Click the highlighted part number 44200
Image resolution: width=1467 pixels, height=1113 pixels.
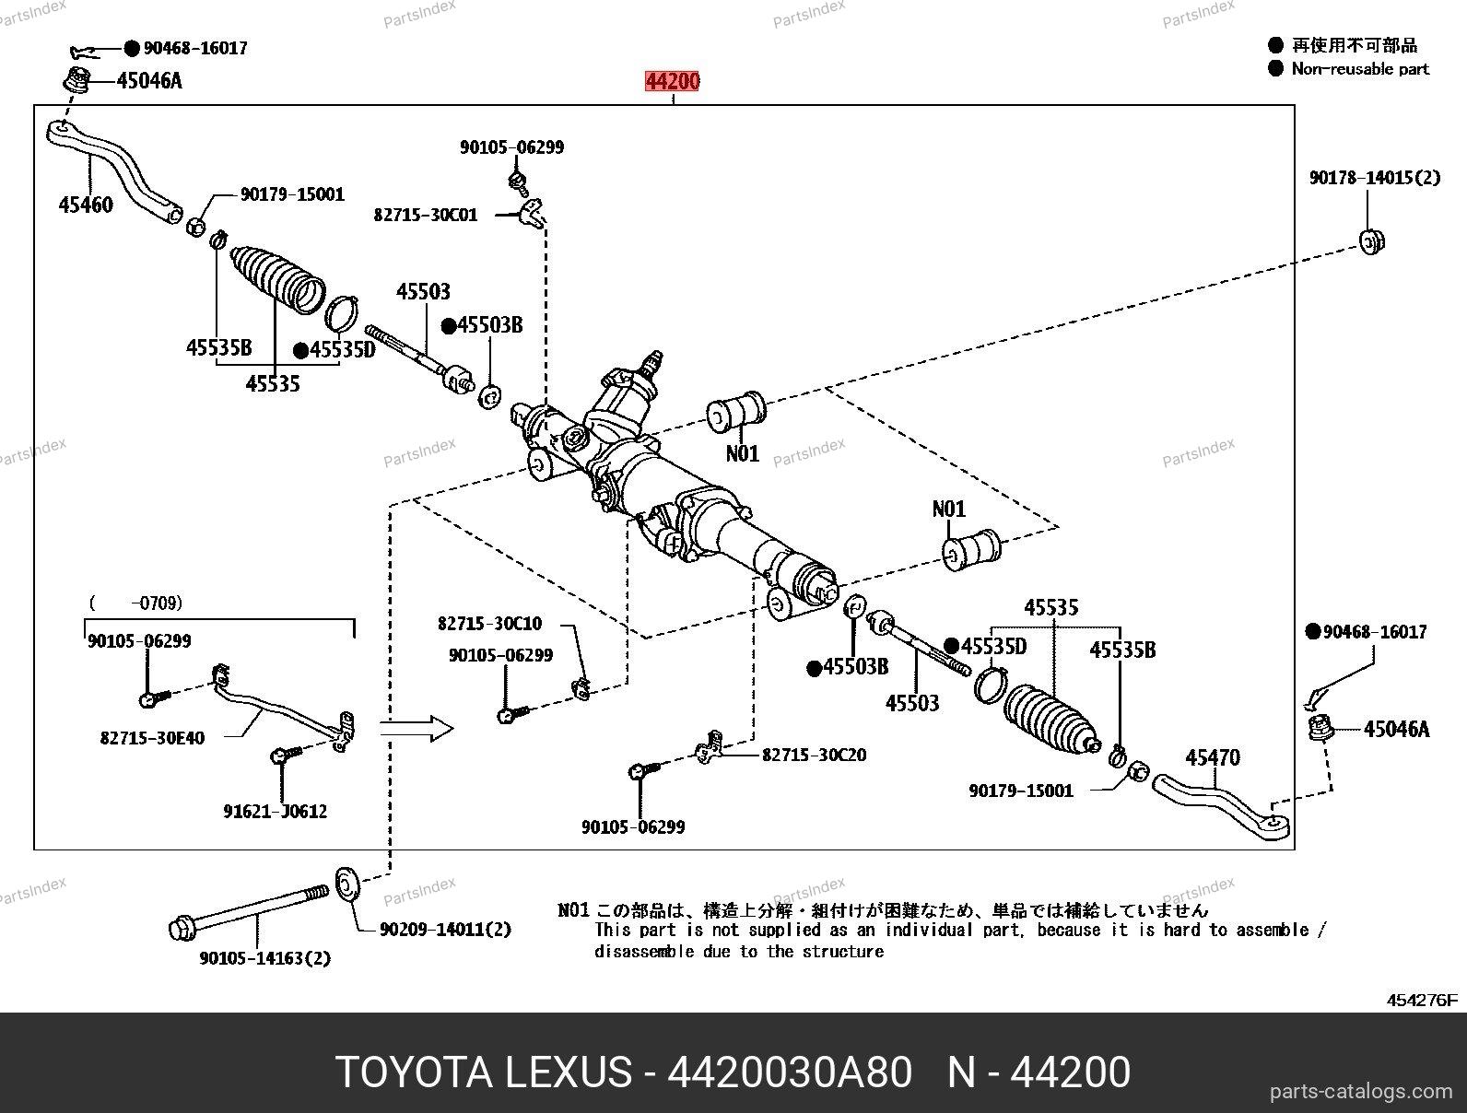point(672,82)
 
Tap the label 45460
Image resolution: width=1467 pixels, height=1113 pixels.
point(86,205)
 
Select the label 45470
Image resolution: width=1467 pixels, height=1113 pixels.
point(1212,757)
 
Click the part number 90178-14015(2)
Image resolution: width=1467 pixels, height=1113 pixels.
point(1374,177)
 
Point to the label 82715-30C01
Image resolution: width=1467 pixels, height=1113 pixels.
point(425,215)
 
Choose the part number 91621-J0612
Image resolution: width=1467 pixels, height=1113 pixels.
point(275,812)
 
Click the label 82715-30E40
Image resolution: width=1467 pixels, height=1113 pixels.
point(152,737)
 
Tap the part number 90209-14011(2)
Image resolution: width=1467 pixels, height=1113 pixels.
point(444,930)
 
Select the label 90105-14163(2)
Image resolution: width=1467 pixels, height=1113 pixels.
point(264,958)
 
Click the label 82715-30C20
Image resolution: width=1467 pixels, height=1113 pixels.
point(814,755)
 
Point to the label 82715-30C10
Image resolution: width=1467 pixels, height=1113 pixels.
point(489,624)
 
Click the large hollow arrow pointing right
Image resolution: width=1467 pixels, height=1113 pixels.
point(417,730)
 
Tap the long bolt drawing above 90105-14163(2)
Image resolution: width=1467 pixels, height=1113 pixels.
point(249,911)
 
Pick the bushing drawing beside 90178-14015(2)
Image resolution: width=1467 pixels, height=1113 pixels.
point(1372,241)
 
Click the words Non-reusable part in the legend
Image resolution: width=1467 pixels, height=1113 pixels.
point(1359,68)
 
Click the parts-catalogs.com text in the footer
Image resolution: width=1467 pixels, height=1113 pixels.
point(1360,1092)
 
